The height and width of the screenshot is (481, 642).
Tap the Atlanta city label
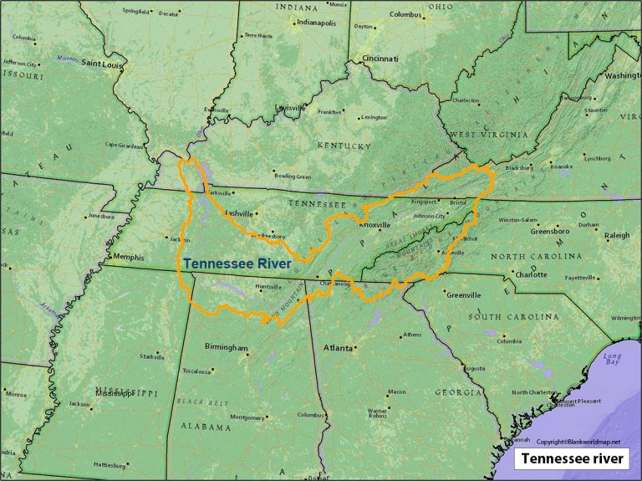point(338,347)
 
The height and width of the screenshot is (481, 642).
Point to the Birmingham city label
point(227,347)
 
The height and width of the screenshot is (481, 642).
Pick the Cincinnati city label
point(380,58)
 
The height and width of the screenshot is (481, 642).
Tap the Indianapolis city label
point(313,23)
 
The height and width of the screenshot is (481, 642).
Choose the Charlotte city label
point(532,274)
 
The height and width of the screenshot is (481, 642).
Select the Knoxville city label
point(374,225)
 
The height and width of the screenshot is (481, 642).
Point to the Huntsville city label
point(268,287)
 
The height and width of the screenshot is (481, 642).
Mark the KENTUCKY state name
point(344,146)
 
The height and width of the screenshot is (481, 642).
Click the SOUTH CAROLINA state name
point(513,317)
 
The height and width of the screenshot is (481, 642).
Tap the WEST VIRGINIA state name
point(489,135)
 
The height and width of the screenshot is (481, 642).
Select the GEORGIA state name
point(458,392)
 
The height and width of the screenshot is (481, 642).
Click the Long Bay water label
point(613,361)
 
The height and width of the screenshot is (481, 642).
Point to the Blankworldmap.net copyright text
point(578,441)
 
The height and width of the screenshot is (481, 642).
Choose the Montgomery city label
point(247,417)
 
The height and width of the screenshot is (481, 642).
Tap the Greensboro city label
point(550,232)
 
